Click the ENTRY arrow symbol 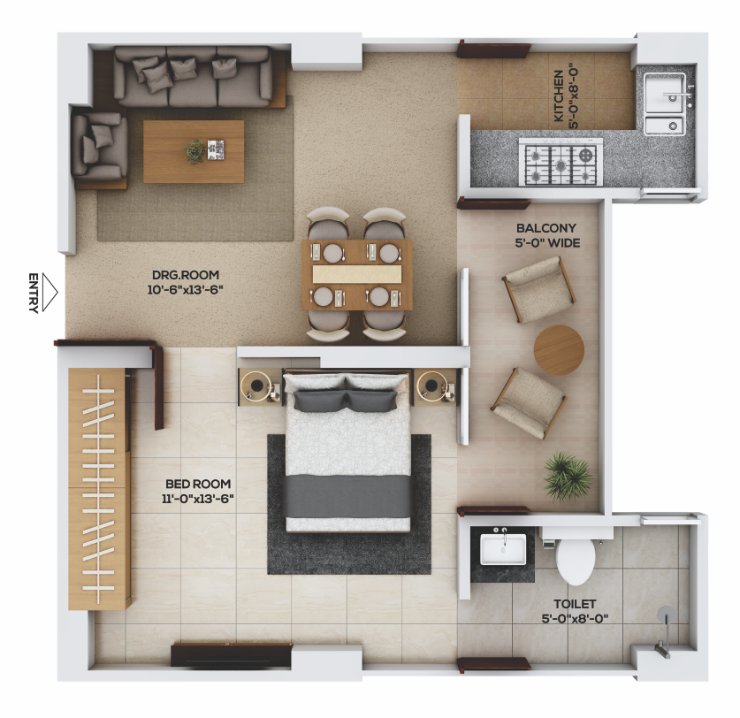pyautogui.click(x=50, y=293)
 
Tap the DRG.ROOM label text pyautogui.click(x=186, y=275)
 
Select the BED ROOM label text pyautogui.click(x=198, y=484)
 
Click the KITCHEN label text pyautogui.click(x=559, y=95)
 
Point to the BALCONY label pyautogui.click(x=546, y=228)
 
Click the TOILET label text pyautogui.click(x=575, y=604)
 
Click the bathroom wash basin pyautogui.click(x=502, y=548)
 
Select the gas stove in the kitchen pyautogui.click(x=561, y=162)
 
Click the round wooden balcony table pyautogui.click(x=559, y=350)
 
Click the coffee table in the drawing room pyautogui.click(x=194, y=151)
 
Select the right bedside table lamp pyautogui.click(x=430, y=386)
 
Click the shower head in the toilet pyautogui.click(x=667, y=613)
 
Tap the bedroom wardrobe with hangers pyautogui.click(x=99, y=489)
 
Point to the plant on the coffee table pyautogui.click(x=195, y=151)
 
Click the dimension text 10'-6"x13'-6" pyautogui.click(x=185, y=289)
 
